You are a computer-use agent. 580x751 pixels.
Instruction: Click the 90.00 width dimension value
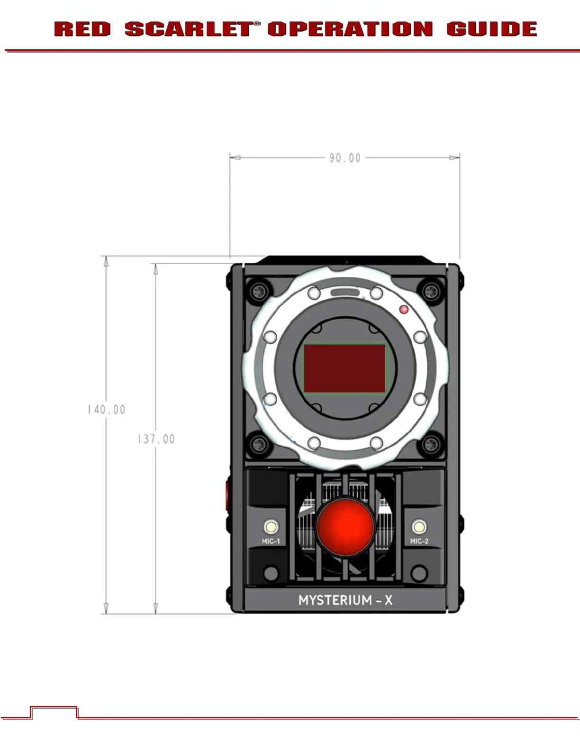[x=345, y=158]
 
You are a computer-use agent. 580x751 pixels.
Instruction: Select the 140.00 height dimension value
[x=107, y=410]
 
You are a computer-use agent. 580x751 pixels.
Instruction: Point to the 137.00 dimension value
[x=156, y=439]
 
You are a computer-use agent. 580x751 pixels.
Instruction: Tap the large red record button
[x=345, y=526]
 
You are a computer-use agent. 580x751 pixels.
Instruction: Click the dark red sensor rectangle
[x=344, y=368]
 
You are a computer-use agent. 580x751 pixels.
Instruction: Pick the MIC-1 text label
[x=271, y=541]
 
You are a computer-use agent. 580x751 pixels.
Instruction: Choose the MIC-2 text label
[x=419, y=541]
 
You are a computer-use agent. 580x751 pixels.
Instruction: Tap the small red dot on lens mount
[x=404, y=310]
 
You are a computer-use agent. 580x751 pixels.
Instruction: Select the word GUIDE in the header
[x=491, y=29]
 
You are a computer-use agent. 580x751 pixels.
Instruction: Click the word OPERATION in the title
[x=350, y=29]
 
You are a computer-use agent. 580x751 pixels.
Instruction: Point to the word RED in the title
[x=82, y=29]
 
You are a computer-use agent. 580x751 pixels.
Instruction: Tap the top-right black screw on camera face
[x=431, y=290]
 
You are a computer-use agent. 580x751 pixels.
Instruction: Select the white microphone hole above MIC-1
[x=271, y=527]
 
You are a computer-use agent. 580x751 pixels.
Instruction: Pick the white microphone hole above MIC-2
[x=419, y=527]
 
